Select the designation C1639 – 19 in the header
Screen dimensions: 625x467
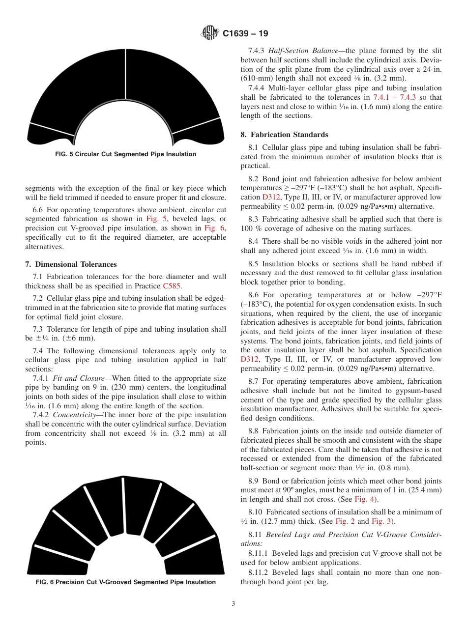[x=245, y=34]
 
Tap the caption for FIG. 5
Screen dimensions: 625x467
[x=126, y=154]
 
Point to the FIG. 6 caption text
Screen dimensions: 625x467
[x=126, y=582]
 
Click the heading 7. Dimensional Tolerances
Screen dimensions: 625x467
[x=71, y=264]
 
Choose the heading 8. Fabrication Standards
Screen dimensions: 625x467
[x=284, y=135]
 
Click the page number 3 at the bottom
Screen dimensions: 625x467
[x=233, y=604]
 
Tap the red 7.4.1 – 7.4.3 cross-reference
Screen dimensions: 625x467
[x=395, y=97]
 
